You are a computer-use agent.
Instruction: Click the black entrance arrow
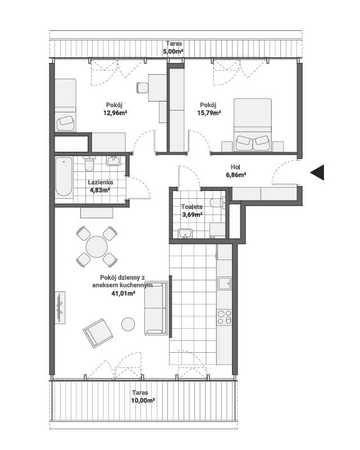pos(317,172)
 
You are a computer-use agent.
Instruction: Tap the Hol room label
pos(235,167)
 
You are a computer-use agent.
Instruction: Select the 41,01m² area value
pos(124,293)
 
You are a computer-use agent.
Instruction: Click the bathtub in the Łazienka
pos(63,177)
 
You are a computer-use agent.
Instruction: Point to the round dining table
pos(97,247)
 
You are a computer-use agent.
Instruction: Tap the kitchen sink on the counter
pos(224,283)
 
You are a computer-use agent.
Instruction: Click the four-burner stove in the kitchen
pos(224,317)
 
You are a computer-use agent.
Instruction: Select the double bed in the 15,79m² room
pos(252,125)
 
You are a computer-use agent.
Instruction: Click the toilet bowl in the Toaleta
pos(218,203)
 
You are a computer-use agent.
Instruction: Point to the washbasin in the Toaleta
pos(185,233)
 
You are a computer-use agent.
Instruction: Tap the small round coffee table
pos(128,324)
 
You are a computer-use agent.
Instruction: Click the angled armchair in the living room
pos(98,333)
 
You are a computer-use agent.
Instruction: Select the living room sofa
pos(156,308)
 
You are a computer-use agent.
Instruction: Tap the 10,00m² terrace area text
pos(143,401)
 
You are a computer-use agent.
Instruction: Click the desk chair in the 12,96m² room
pos(143,88)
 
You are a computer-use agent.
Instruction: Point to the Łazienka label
pos(101,182)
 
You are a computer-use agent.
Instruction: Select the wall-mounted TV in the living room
pos(60,308)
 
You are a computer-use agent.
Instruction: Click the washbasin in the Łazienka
pos(114,161)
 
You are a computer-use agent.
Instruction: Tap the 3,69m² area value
pos(193,214)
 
